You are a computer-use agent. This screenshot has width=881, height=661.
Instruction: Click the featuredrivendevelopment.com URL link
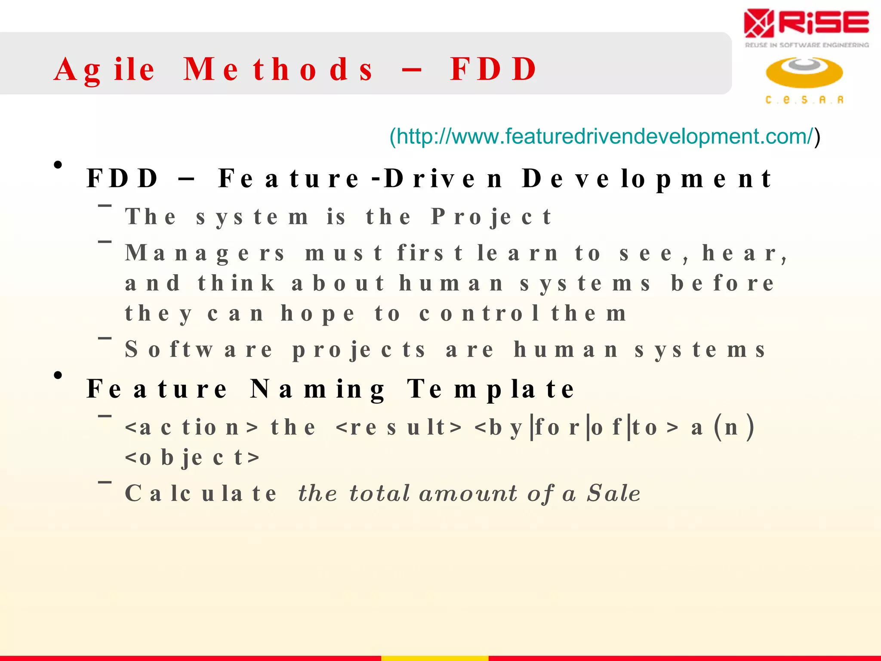604,136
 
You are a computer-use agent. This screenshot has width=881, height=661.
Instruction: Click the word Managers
205,253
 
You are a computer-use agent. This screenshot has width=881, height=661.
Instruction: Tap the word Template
490,389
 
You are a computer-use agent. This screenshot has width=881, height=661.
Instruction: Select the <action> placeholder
192,427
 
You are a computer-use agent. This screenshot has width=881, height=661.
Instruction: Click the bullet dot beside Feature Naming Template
58,376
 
